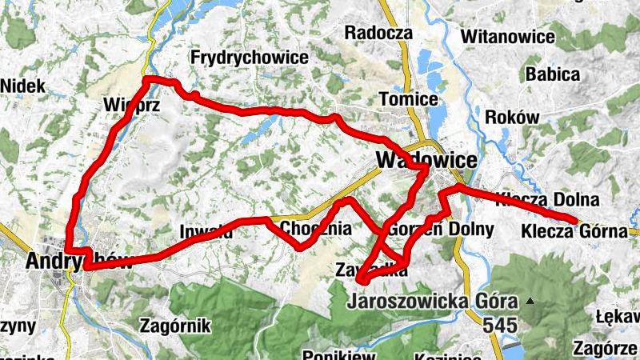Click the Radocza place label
(x=378, y=33)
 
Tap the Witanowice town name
(x=508, y=37)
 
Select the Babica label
(x=552, y=74)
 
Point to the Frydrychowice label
(x=249, y=58)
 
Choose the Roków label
(x=512, y=117)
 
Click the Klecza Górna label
(x=573, y=232)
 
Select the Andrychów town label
(x=76, y=261)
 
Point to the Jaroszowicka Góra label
(x=433, y=302)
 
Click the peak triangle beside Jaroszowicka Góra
(x=529, y=302)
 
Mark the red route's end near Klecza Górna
(x=574, y=221)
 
